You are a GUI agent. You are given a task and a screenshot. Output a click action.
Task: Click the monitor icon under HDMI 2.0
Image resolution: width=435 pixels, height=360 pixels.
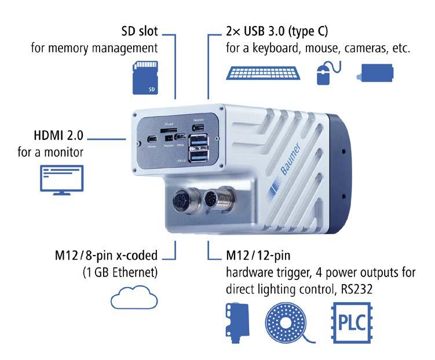[61, 178]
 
